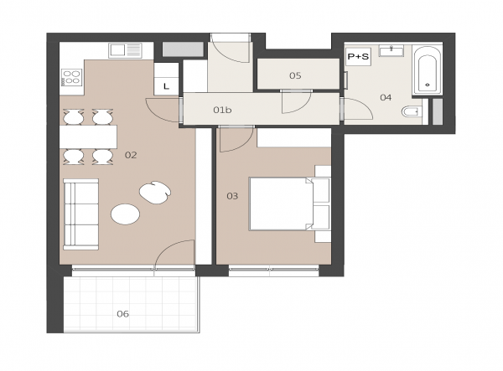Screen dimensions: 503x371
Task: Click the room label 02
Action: pyautogui.click(x=131, y=156)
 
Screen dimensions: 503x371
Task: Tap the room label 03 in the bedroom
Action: pyautogui.click(x=232, y=196)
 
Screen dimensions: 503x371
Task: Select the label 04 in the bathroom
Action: pyautogui.click(x=386, y=97)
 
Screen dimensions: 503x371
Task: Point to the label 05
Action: pyautogui.click(x=295, y=75)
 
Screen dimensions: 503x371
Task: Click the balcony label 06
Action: pyautogui.click(x=123, y=314)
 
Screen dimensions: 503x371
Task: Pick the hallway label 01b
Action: pyautogui.click(x=222, y=110)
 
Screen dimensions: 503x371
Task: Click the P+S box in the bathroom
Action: pyautogui.click(x=358, y=57)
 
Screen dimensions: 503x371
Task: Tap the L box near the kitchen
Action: pyautogui.click(x=166, y=86)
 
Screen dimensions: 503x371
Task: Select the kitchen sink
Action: pyautogui.click(x=125, y=50)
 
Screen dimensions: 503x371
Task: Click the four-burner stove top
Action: pyautogui.click(x=71, y=78)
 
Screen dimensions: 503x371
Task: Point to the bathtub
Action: pyautogui.click(x=427, y=71)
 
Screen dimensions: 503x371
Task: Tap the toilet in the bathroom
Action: pyautogui.click(x=412, y=112)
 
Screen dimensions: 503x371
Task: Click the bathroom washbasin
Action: pyautogui.click(x=392, y=51)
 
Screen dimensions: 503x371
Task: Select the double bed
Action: pyautogui.click(x=281, y=204)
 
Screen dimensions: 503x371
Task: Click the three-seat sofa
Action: pyautogui.click(x=80, y=214)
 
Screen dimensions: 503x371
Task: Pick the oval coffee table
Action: pyautogui.click(x=125, y=214)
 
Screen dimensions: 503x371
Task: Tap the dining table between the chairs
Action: pyautogui.click(x=88, y=137)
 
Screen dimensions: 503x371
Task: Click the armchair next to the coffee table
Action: pyautogui.click(x=155, y=193)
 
